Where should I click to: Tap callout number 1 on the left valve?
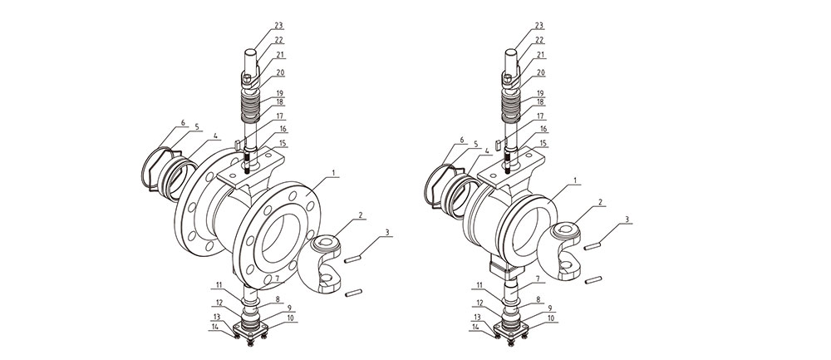pos(333,173)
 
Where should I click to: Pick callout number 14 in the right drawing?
pos(477,327)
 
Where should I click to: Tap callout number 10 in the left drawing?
pos(290,318)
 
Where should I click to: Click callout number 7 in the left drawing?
pos(277,278)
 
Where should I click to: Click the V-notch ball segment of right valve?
pos(573,247)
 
